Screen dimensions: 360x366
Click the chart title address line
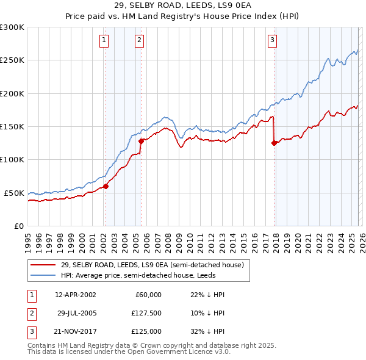click(x=183, y=5)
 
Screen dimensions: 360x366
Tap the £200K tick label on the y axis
click(x=12, y=93)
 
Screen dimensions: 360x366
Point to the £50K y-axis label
click(x=14, y=193)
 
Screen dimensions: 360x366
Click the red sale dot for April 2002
click(x=106, y=186)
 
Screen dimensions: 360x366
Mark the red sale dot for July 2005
click(x=141, y=142)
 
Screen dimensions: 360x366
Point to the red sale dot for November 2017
click(x=274, y=143)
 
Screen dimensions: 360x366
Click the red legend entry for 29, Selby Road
click(x=152, y=265)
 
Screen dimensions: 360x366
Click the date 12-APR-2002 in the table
click(x=75, y=295)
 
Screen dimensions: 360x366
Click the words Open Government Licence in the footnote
click(x=184, y=351)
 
